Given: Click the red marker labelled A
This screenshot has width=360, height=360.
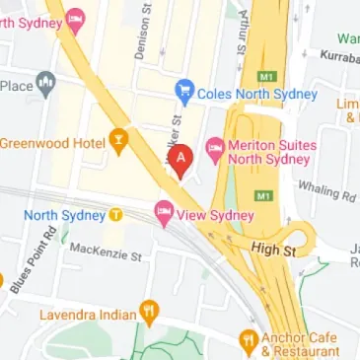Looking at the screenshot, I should point(180,158).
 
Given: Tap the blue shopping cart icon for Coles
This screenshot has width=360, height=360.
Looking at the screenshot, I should point(182,93).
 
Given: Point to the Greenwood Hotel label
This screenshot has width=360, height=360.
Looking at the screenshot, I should point(52,144).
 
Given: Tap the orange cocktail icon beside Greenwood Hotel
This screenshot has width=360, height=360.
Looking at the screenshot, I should point(119,144).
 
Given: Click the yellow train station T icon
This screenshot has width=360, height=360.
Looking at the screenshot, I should point(115,214).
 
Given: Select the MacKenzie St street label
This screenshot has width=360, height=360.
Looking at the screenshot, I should point(106,255).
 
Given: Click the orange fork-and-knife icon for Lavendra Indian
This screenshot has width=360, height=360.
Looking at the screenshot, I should point(150,315).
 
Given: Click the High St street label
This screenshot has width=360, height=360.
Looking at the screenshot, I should point(273,252).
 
